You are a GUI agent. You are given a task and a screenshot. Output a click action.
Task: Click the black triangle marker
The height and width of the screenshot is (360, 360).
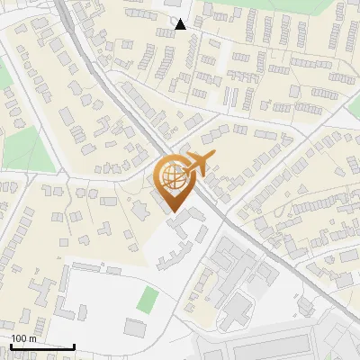pos(181,24)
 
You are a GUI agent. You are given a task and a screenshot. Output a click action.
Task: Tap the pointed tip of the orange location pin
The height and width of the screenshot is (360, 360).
pos(173,211)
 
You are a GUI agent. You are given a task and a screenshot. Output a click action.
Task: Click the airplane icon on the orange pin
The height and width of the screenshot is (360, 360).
pos(199,166)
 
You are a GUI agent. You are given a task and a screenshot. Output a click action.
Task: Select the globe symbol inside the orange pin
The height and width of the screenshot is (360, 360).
pos(172,176)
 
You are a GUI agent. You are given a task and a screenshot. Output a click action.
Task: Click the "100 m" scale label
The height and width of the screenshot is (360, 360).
pos(23,338)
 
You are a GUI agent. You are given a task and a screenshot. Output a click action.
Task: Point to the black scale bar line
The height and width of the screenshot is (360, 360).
pos(42,346)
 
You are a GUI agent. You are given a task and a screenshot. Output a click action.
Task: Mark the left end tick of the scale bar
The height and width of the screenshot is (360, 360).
pos(11,345)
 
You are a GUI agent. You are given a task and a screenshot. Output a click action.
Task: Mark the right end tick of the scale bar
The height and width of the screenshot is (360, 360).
pos(74,345)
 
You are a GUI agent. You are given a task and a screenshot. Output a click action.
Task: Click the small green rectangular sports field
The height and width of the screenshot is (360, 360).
pos(148,300)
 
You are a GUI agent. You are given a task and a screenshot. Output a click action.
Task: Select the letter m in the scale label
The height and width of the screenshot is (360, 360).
pos(31,338)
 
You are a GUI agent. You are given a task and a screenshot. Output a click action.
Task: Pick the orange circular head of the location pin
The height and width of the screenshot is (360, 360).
pos(173,176)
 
